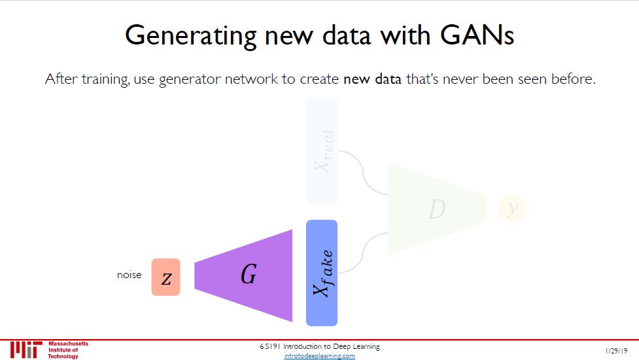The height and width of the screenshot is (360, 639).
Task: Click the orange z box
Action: (x=165, y=277)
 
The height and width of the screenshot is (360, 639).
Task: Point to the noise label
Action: (x=129, y=275)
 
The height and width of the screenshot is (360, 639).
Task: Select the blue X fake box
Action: (x=321, y=273)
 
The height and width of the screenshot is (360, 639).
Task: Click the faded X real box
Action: (x=322, y=151)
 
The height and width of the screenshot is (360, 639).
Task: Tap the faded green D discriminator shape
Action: (x=436, y=209)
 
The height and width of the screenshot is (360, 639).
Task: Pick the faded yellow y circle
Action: (x=512, y=208)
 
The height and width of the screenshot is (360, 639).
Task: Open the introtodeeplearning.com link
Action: (x=320, y=356)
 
